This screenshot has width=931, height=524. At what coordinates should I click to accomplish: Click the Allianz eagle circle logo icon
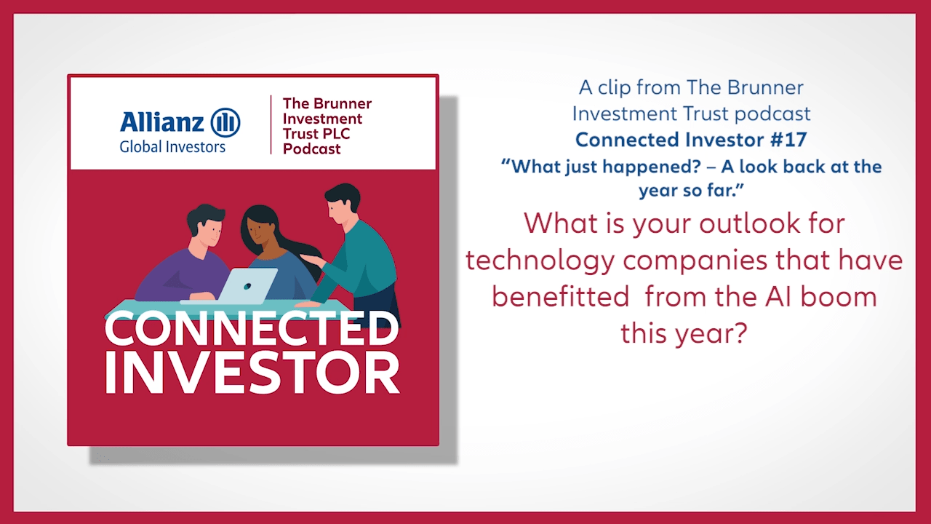tap(225, 122)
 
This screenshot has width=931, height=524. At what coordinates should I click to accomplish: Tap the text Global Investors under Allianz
tap(172, 146)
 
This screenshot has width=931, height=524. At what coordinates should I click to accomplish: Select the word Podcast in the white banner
tap(311, 148)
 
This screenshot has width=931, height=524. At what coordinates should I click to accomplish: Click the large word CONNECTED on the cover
tap(252, 328)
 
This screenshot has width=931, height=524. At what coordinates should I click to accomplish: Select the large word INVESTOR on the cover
tap(252, 373)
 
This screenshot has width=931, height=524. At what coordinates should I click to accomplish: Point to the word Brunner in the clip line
tap(767, 87)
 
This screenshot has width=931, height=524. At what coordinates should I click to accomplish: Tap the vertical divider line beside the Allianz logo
tap(271, 124)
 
